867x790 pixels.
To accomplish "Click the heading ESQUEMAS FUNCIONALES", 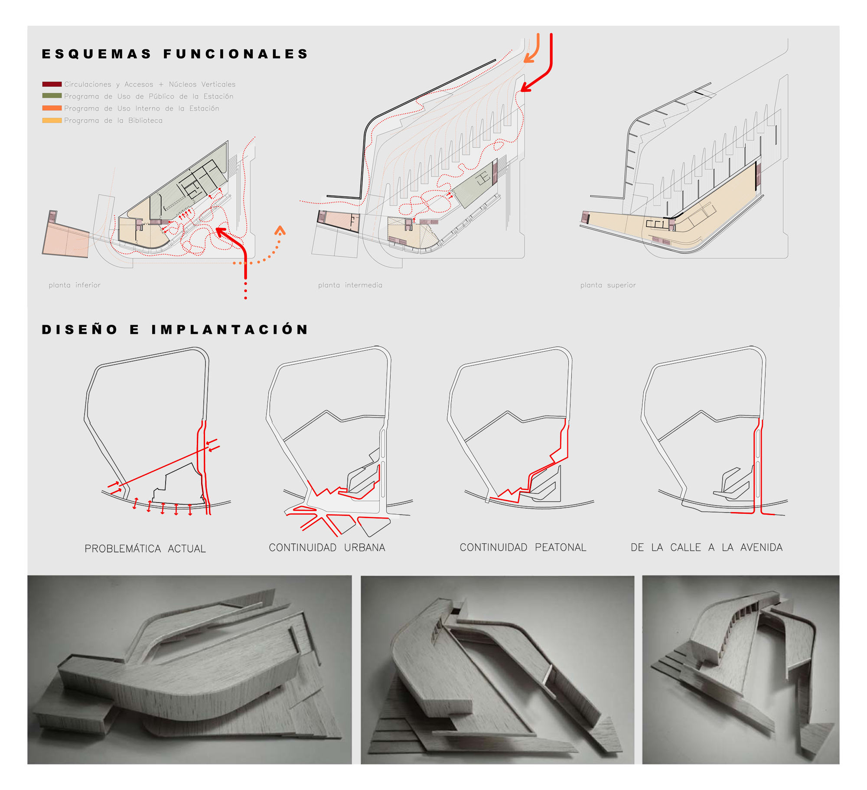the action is (175, 54).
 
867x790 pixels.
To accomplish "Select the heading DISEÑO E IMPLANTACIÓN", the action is (175, 329).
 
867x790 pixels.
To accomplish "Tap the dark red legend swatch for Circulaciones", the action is (52, 84).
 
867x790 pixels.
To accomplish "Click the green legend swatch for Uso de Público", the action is (52, 96).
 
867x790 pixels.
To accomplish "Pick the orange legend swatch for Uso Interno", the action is (52, 108).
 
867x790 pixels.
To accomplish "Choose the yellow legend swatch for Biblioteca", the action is (52, 120).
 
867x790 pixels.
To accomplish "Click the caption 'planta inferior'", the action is (75, 285).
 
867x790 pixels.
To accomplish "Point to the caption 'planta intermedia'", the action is (350, 285).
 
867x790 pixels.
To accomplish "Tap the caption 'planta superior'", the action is (608, 285).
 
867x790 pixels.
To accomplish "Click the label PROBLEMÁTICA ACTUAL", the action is (145, 548).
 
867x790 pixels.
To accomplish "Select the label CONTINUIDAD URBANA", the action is (327, 547).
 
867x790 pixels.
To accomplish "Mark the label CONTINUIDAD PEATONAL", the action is (523, 547).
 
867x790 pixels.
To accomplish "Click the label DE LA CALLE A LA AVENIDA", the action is (707, 547).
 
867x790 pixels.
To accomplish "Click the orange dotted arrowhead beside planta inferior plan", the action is (280, 230).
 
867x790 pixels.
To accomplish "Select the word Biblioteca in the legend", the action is (145, 121).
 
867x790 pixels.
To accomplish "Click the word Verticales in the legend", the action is (218, 84).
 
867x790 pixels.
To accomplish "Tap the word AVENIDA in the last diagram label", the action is (761, 547).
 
